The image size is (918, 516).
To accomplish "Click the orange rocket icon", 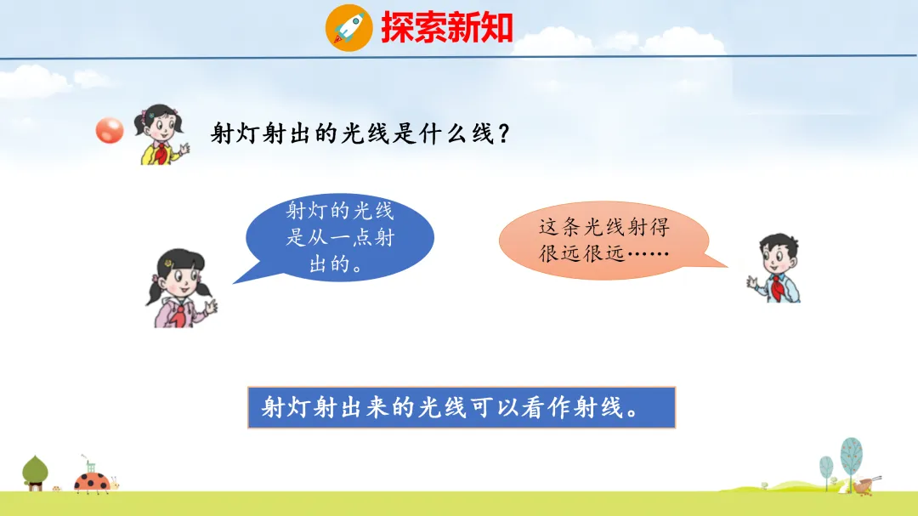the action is pos(349,27).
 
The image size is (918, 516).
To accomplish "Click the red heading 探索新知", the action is pos(447,27).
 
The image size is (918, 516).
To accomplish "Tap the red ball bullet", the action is pos(110,130).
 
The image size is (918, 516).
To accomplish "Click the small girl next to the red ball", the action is pos(161,134).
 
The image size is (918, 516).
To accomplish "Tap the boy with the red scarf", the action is pos(774,268).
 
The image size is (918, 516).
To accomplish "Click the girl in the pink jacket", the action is pos(180,287).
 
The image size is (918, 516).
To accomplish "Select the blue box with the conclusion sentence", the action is pos(462,407).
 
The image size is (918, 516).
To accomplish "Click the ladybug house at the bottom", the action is pos(93,478).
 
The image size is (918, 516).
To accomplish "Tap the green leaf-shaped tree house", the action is pos(35,473).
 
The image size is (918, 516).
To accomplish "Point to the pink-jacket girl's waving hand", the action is pos(210,306).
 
